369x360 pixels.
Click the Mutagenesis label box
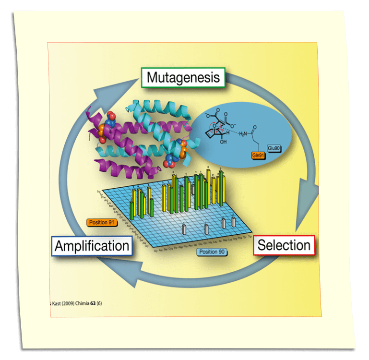point(183,78)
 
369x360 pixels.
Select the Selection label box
point(284,245)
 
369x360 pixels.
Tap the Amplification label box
point(92,246)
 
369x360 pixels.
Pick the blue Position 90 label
point(211,252)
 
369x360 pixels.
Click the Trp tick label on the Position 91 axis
point(98,192)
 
